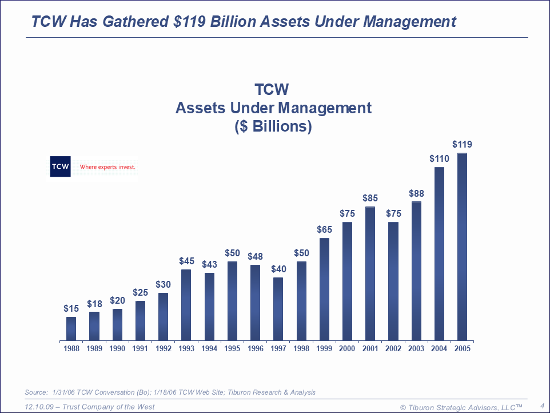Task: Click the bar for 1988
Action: pyautogui.click(x=71, y=328)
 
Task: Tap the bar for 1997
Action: pyautogui.click(x=278, y=309)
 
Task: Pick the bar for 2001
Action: pyautogui.click(x=370, y=273)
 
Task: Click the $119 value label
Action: pyautogui.click(x=462, y=144)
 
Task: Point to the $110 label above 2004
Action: pyautogui.click(x=440, y=158)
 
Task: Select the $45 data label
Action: pyautogui.click(x=186, y=261)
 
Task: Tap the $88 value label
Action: pyautogui.click(x=416, y=194)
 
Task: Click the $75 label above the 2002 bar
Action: pyautogui.click(x=393, y=213)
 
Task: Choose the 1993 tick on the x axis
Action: pyautogui.click(x=186, y=348)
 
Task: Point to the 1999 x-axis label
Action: pyautogui.click(x=324, y=348)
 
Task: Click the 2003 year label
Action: pyautogui.click(x=416, y=348)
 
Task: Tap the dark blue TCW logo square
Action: pyautogui.click(x=60, y=166)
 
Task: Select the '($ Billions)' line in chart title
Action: pyautogui.click(x=273, y=126)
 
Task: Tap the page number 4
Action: pyautogui.click(x=541, y=406)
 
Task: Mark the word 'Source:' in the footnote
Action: pyautogui.click(x=36, y=392)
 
